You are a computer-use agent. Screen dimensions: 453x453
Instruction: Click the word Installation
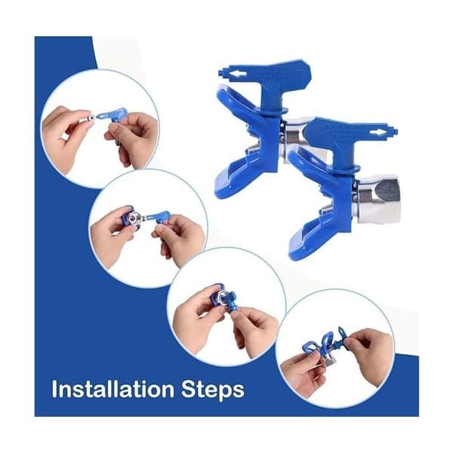click(113, 389)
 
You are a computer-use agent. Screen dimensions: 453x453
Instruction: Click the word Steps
click(213, 390)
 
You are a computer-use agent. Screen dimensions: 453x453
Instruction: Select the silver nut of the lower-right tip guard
click(378, 199)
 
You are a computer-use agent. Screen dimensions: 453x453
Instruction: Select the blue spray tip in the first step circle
click(113, 115)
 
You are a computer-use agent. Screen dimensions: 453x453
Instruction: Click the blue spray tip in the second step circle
click(159, 217)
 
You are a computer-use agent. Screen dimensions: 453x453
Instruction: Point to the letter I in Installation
click(54, 389)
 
